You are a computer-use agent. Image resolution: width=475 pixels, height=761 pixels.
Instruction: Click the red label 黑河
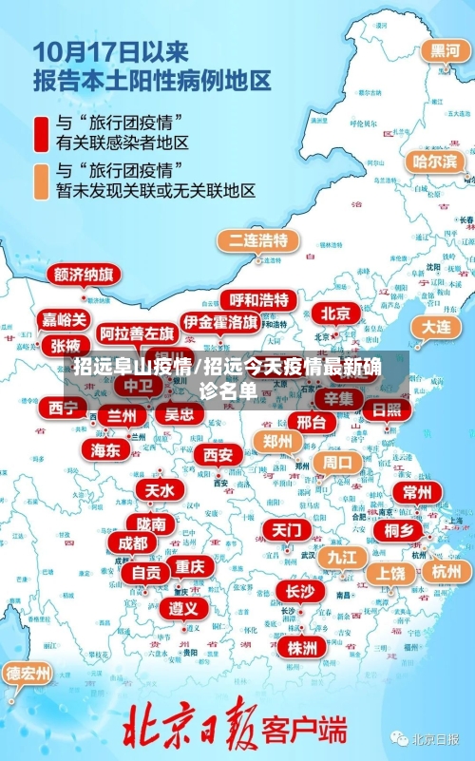(444, 51)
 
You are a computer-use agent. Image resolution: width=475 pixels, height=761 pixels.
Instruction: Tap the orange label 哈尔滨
(434, 162)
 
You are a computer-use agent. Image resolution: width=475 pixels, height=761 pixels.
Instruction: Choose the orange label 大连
(436, 326)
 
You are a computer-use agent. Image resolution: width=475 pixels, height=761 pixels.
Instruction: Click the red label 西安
(218, 455)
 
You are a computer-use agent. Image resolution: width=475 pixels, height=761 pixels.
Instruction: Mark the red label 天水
(159, 490)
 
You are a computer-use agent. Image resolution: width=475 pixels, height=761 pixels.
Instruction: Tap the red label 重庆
(189, 566)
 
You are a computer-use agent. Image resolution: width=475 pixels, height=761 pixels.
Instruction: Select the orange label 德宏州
(28, 674)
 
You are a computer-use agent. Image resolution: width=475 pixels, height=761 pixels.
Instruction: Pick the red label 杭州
(446, 571)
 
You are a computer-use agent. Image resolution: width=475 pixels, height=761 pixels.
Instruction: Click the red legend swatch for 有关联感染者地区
(42, 133)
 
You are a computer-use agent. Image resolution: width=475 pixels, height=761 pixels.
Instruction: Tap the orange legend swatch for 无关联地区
(42, 180)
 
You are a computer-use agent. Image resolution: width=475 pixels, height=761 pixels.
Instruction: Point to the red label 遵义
(183, 607)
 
